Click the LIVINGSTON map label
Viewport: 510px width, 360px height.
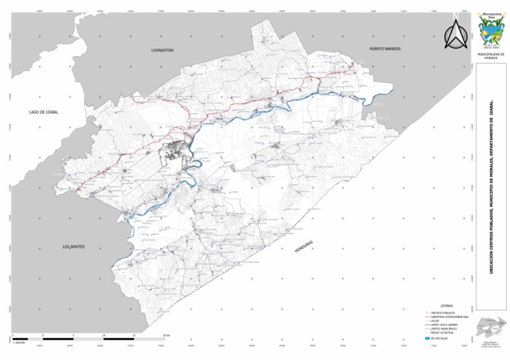click(x=162, y=50)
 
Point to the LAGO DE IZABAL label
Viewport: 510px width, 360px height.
click(x=44, y=112)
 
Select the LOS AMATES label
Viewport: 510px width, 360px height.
click(x=75, y=247)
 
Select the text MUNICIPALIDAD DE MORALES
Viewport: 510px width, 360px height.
click(x=491, y=56)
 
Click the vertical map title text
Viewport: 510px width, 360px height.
click(x=491, y=187)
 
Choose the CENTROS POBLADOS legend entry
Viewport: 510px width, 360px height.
click(x=443, y=312)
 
